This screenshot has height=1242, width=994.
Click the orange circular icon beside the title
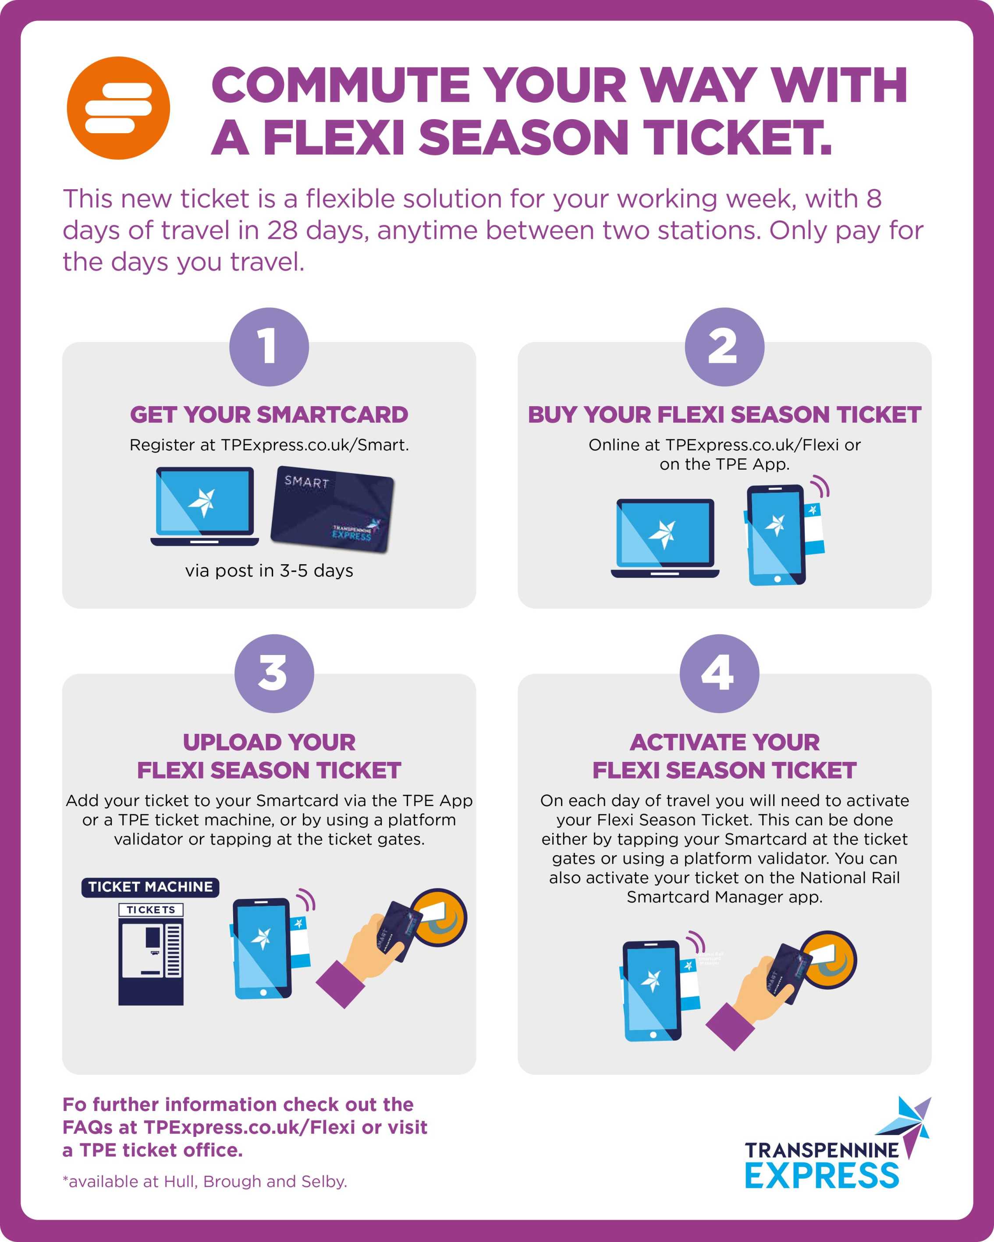pos(118,108)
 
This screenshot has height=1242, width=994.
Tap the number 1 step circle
pos(269,347)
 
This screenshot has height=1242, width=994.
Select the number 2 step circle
pos(724,347)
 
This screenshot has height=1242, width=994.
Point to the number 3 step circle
pos(274,673)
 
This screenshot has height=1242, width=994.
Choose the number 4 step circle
pos(719,673)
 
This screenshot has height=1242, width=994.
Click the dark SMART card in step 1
pos(333,509)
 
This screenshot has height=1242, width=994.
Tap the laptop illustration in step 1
pos(205,506)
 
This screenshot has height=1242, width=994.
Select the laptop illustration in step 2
pos(665,538)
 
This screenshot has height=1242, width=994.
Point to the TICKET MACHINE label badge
pos(150,887)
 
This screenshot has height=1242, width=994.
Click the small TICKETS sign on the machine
pos(151,909)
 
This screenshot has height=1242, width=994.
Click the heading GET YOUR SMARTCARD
pos(269,414)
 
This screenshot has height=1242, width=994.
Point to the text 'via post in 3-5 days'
pos(269,570)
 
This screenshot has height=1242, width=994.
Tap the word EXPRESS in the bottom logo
pos(822,1175)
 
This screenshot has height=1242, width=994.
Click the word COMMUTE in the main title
pos(341,85)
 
